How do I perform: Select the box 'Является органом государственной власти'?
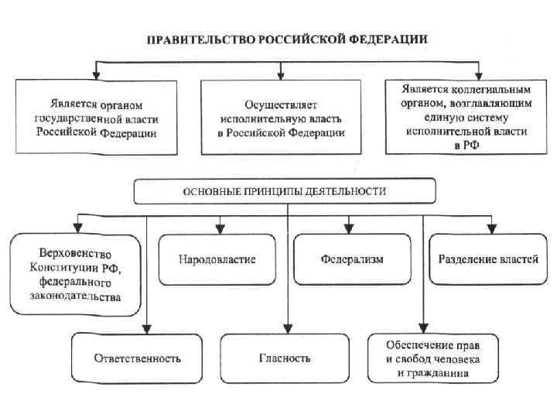coord(95,117)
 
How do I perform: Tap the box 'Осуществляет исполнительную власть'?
coord(282,117)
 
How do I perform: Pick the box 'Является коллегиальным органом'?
coord(464,117)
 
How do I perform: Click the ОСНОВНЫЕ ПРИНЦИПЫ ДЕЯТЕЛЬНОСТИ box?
coord(285,190)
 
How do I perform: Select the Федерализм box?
coord(353,259)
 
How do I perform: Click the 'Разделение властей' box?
coord(487,259)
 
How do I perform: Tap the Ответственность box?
coord(137,358)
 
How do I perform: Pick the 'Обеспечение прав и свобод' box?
coord(433,358)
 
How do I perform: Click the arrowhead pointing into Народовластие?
coord(220,229)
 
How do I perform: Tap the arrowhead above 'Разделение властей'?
coord(490,229)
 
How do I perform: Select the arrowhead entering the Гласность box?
coord(288,328)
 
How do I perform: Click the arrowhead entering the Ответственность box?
coord(147,328)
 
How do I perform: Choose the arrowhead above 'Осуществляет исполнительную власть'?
coord(282,76)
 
